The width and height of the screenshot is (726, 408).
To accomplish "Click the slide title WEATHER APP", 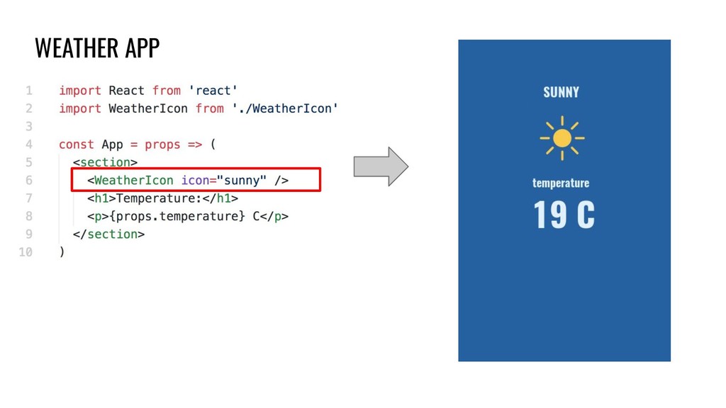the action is pyautogui.click(x=97, y=48).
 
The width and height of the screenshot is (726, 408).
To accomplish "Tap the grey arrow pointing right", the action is pyautogui.click(x=381, y=166).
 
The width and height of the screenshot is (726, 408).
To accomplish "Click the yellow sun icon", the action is pyautogui.click(x=562, y=137).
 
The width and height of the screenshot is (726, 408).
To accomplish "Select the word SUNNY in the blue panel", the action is pyautogui.click(x=561, y=92).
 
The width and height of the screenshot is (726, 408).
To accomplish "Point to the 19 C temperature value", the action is pyautogui.click(x=564, y=215).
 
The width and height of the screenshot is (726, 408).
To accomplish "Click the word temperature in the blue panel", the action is pyautogui.click(x=561, y=183).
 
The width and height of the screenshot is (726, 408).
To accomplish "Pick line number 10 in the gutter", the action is pyautogui.click(x=26, y=251).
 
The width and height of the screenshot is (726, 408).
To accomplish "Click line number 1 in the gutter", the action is pyautogui.click(x=29, y=91).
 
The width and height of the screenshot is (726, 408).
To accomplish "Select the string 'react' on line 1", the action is pyautogui.click(x=213, y=91).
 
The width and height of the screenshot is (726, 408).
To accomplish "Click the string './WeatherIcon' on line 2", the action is pyautogui.click(x=285, y=108).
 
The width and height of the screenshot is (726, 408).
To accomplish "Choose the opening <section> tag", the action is pyautogui.click(x=105, y=162).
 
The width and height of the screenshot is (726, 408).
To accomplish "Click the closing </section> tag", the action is pyautogui.click(x=108, y=234).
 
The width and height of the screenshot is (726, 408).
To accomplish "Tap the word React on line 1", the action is pyautogui.click(x=126, y=91).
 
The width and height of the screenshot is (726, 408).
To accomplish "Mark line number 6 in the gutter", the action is pyautogui.click(x=29, y=180).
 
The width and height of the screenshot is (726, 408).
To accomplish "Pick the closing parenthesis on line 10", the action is pyautogui.click(x=62, y=251).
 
